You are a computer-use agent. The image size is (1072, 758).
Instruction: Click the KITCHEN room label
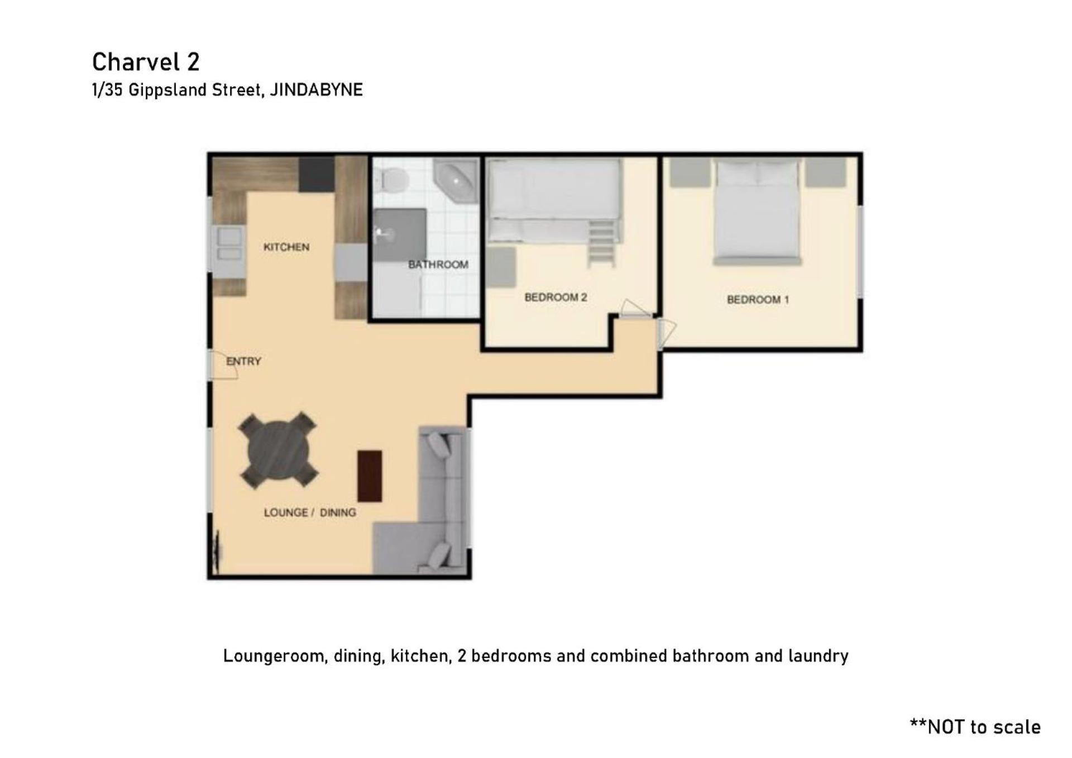pos(286,247)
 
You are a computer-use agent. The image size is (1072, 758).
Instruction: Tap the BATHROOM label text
pos(438,265)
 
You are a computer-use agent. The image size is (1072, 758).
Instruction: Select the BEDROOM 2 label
pos(556,298)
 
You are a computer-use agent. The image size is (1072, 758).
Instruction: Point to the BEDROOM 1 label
pos(758,300)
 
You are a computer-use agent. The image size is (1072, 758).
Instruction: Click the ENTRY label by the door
pos(244,361)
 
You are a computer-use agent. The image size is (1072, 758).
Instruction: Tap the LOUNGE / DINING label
pos(310,512)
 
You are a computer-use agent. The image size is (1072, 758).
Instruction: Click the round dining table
pos(278,450)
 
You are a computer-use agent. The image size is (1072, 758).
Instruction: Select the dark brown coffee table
pos(370,476)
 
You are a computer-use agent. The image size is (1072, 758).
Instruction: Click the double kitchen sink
pos(229,244)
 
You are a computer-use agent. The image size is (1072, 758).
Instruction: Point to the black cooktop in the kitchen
pos(317,174)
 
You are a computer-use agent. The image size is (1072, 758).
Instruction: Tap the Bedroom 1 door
pos(667,333)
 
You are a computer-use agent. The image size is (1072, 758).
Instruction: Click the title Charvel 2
pos(146,62)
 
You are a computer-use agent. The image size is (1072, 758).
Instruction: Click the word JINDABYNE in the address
pos(317,90)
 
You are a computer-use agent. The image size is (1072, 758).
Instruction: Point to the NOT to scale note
pos(975,727)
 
